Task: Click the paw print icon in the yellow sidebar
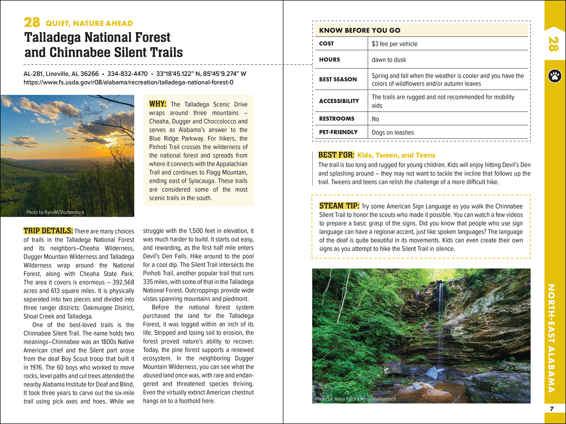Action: pyautogui.click(x=555, y=76)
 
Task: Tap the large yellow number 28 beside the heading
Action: pyautogui.click(x=32, y=23)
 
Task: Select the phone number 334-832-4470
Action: pyautogui.click(x=127, y=74)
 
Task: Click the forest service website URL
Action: pyautogui.click(x=128, y=82)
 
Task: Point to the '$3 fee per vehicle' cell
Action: pyautogui.click(x=394, y=44)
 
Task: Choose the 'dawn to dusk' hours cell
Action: pyautogui.click(x=389, y=60)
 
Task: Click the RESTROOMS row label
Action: pyautogui.click(x=336, y=119)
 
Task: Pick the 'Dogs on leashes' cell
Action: pyautogui.click(x=393, y=132)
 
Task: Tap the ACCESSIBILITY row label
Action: pyautogui.click(x=339, y=101)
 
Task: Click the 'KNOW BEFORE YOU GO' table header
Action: pyautogui.click(x=360, y=30)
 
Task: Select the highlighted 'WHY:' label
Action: pyautogui.click(x=158, y=104)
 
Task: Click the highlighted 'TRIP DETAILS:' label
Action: pyautogui.click(x=48, y=231)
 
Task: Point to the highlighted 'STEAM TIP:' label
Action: pyautogui.click(x=339, y=206)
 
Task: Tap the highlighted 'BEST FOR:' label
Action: pyautogui.click(x=336, y=155)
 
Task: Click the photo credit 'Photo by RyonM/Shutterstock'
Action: pyautogui.click(x=55, y=212)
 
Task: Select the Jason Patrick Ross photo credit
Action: pyautogui.click(x=355, y=399)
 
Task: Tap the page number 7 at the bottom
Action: pyautogui.click(x=552, y=409)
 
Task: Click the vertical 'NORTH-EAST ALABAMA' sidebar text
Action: pyautogui.click(x=551, y=338)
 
